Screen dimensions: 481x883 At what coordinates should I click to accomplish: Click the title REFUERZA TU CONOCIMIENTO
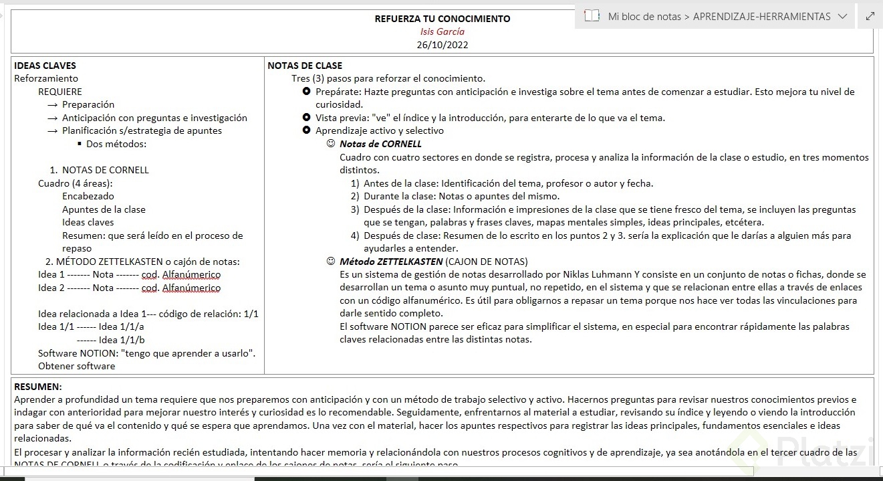(442, 19)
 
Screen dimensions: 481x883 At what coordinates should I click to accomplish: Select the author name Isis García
(442, 31)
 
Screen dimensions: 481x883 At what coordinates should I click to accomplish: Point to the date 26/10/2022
(442, 45)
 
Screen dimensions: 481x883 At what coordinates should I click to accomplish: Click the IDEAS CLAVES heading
(45, 66)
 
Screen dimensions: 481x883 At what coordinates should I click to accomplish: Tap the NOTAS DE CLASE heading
(305, 66)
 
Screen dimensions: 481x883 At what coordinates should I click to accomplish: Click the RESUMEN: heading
(37, 387)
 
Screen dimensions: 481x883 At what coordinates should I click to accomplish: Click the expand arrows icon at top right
(870, 16)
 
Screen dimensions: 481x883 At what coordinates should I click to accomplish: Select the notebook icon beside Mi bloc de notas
(592, 16)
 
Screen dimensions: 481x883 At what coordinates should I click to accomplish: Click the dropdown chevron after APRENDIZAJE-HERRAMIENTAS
(842, 16)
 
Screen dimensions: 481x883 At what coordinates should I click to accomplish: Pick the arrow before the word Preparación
(53, 105)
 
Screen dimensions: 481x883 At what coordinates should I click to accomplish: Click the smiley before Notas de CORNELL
(330, 144)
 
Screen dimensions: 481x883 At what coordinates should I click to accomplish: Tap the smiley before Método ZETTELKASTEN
(330, 262)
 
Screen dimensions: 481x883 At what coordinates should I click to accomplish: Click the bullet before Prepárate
(306, 92)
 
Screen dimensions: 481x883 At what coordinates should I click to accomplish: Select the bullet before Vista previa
(306, 118)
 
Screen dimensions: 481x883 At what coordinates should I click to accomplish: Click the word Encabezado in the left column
(88, 196)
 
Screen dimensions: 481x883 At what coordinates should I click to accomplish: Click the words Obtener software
(76, 366)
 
